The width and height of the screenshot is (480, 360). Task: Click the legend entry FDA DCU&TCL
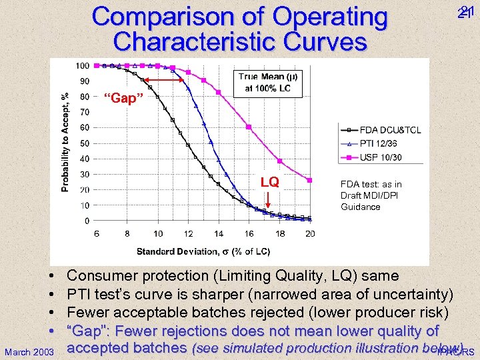point(390,130)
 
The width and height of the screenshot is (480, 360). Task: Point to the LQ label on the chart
point(269,182)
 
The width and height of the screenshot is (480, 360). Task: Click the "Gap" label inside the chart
point(125,99)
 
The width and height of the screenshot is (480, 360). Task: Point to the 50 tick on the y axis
point(85,143)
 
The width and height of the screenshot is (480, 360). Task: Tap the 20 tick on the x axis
point(310,233)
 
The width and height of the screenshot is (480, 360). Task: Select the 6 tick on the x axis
point(97,233)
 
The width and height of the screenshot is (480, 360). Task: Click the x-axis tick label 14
point(219,233)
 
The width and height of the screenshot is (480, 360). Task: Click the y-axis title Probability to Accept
point(65,142)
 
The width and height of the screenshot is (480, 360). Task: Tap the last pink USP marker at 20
point(310,180)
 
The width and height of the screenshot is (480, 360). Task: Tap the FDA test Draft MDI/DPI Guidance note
point(371,195)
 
